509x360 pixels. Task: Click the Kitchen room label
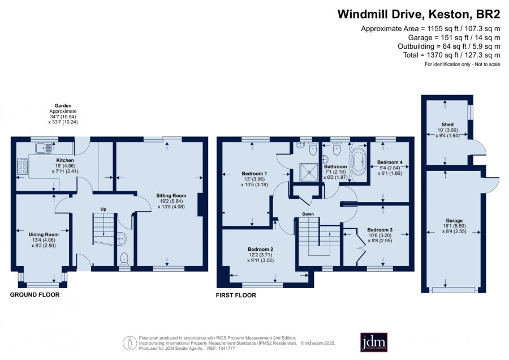(65, 160)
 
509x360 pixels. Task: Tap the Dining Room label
(44, 234)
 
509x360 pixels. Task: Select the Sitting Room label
(171, 196)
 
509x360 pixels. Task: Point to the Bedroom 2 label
(260, 249)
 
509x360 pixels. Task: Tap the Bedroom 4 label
(390, 162)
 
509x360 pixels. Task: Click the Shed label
(447, 125)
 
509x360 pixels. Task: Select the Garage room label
(454, 221)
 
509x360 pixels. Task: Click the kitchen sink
(44, 148)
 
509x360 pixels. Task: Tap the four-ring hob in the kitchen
(23, 167)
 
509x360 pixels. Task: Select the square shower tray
(309, 172)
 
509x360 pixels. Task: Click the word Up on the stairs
(103, 209)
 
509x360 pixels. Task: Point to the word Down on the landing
(308, 214)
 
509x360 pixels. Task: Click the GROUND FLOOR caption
(34, 295)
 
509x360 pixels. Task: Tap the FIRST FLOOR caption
(236, 295)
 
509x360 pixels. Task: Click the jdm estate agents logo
(374, 342)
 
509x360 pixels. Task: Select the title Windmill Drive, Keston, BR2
(419, 14)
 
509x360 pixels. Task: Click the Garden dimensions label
(63, 114)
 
